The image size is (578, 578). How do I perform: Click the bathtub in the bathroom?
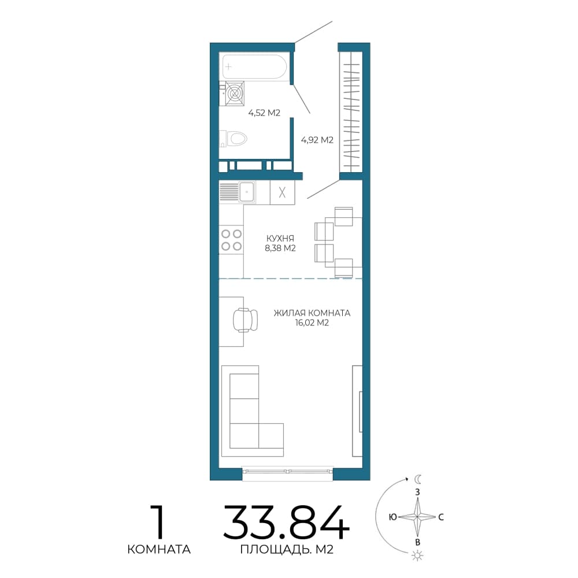pyautogui.click(x=254, y=66)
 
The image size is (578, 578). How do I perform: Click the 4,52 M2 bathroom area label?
pyautogui.click(x=264, y=113)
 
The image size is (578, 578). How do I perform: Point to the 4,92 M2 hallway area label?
pyautogui.click(x=317, y=140)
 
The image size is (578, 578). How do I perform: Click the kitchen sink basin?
pyautogui.click(x=247, y=192)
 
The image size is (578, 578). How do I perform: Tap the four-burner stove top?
pyautogui.click(x=231, y=240)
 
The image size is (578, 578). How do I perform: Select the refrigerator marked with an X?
pyautogui.click(x=283, y=192)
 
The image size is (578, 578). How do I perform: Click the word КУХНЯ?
pyautogui.click(x=280, y=238)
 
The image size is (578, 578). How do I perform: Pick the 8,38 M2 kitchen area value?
pyautogui.click(x=280, y=248)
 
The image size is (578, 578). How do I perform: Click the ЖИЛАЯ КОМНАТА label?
pyautogui.click(x=312, y=313)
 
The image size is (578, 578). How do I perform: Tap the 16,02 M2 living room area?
pyautogui.click(x=312, y=323)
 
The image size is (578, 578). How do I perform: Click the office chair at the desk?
pyautogui.click(x=245, y=320)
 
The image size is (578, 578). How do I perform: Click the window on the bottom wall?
pyautogui.click(x=287, y=471)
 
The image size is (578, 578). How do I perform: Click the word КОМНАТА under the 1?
pyautogui.click(x=159, y=550)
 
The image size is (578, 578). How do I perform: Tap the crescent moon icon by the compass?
pyautogui.click(x=418, y=479)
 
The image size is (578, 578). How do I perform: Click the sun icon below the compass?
pyautogui.click(x=418, y=555)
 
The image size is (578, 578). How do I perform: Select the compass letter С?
pyautogui.click(x=441, y=517)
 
